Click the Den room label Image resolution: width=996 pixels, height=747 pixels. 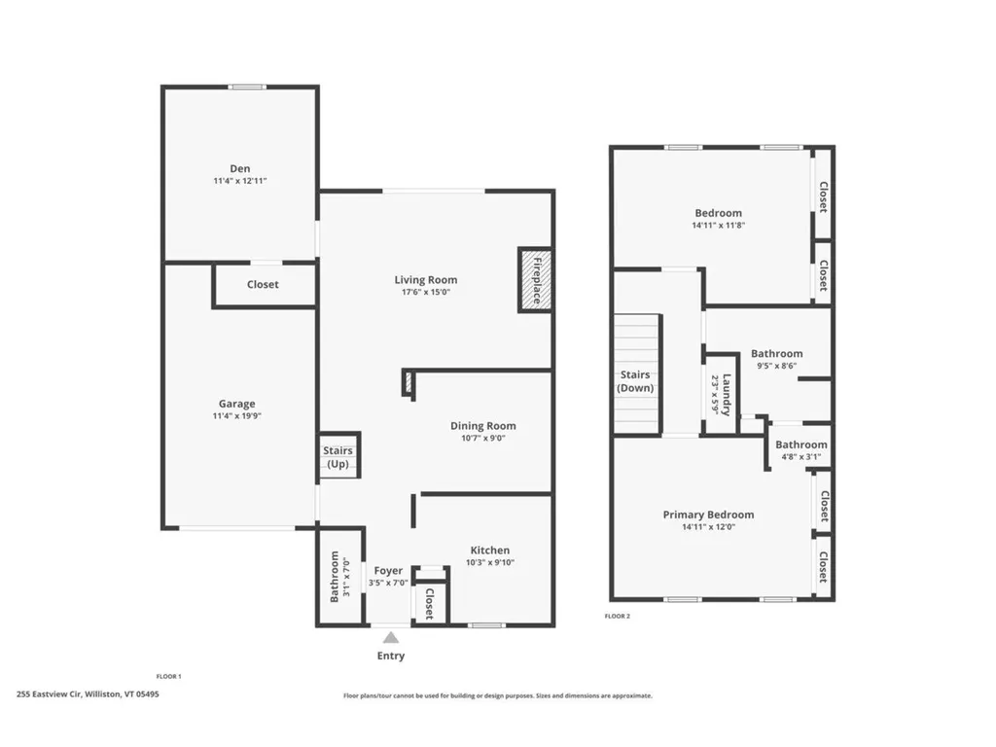tap(239, 168)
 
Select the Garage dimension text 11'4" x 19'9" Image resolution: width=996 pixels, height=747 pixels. tap(236, 416)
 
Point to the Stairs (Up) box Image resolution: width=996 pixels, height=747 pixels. tap(338, 457)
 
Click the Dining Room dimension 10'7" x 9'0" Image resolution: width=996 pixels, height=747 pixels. tap(482, 438)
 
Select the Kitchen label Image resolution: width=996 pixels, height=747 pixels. tap(489, 550)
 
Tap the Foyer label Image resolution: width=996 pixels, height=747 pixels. tap(388, 570)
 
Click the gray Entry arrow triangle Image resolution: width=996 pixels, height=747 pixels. tap(390, 638)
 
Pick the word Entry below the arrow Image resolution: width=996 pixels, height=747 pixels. tap(390, 656)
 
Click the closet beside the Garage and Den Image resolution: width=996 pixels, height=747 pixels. tap(263, 284)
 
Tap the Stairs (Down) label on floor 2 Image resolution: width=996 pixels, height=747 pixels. tap(635, 381)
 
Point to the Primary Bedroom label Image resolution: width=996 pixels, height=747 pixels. tap(708, 515)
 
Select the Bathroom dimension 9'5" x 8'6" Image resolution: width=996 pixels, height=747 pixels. tap(776, 367)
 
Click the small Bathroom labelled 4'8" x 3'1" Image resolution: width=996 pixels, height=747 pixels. tap(800, 450)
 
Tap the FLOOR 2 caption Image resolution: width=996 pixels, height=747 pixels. tap(618, 616)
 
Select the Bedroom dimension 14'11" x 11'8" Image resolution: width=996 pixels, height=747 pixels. tap(718, 225)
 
